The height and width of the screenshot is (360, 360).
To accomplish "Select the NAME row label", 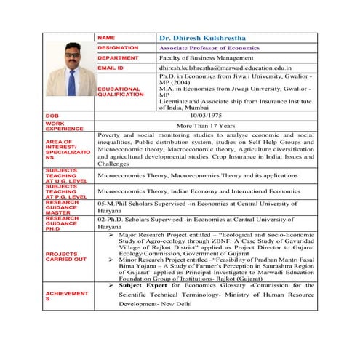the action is coord(106,36).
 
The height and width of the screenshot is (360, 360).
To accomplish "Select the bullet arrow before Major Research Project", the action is coord(110,236).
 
